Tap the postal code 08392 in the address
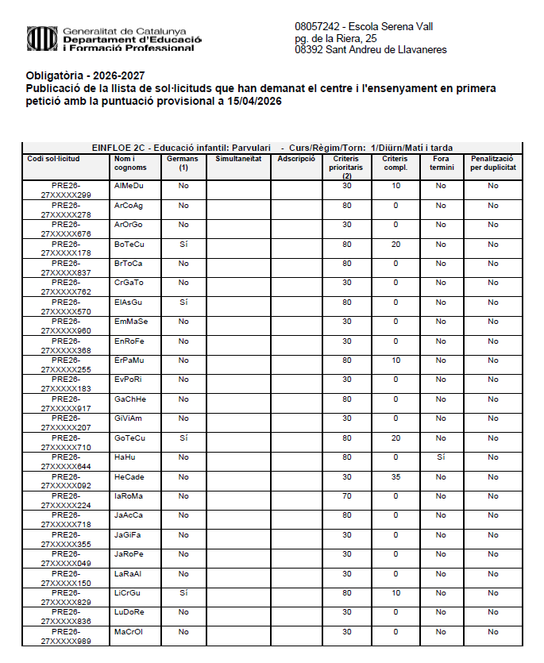[310, 50]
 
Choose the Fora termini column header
[442, 163]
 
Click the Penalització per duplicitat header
[492, 163]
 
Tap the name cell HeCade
[129, 476]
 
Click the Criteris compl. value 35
[395, 476]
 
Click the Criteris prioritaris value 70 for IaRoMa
[347, 495]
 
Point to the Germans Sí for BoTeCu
[183, 244]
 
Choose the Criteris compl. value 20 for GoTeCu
[395, 438]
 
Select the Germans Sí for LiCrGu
[183, 592]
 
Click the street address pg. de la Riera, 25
[335, 38]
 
